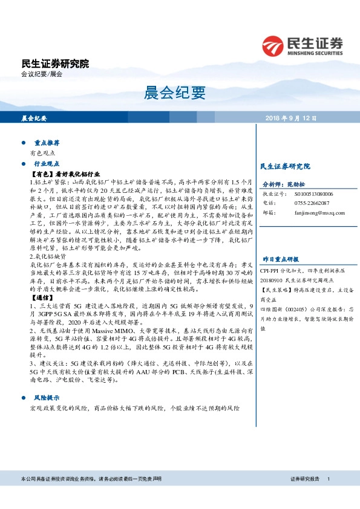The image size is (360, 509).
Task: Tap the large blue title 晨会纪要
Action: [175, 92]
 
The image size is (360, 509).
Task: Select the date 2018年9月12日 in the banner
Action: [290, 118]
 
